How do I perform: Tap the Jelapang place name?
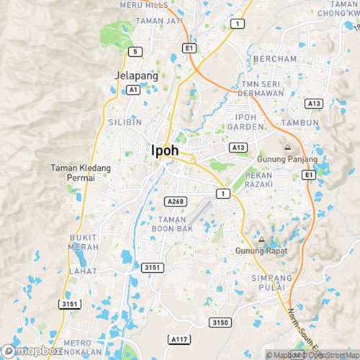click(131, 74)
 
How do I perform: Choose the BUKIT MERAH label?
click(83, 241)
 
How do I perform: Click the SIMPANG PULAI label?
click(270, 282)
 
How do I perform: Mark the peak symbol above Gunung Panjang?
click(287, 148)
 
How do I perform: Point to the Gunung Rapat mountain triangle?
click(261, 239)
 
